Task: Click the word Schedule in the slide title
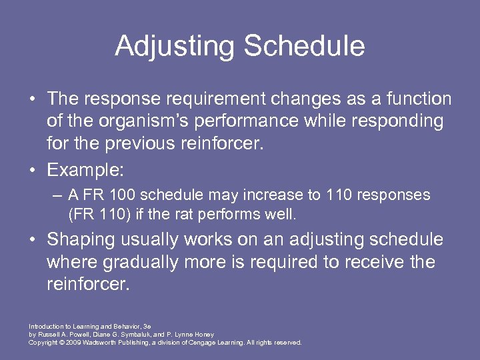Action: coord(304,47)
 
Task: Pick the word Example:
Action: coord(85,170)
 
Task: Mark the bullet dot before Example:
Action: coord(33,170)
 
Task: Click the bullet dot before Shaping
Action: coord(33,240)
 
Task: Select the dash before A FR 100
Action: coord(59,195)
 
